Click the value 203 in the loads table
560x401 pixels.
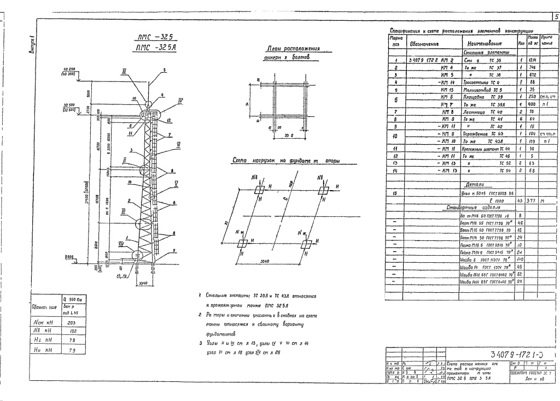72,323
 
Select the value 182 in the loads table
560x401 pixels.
72,331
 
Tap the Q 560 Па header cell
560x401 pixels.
72,299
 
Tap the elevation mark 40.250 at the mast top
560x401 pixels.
68,69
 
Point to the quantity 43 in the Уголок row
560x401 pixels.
521,201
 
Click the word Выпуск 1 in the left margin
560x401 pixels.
32,44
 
